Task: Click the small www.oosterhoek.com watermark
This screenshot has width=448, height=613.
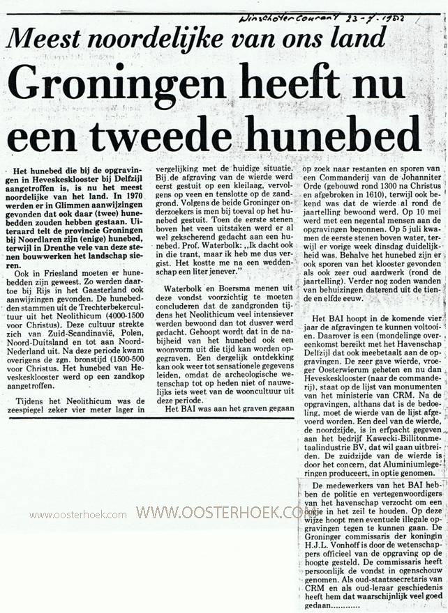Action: click(x=78, y=515)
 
